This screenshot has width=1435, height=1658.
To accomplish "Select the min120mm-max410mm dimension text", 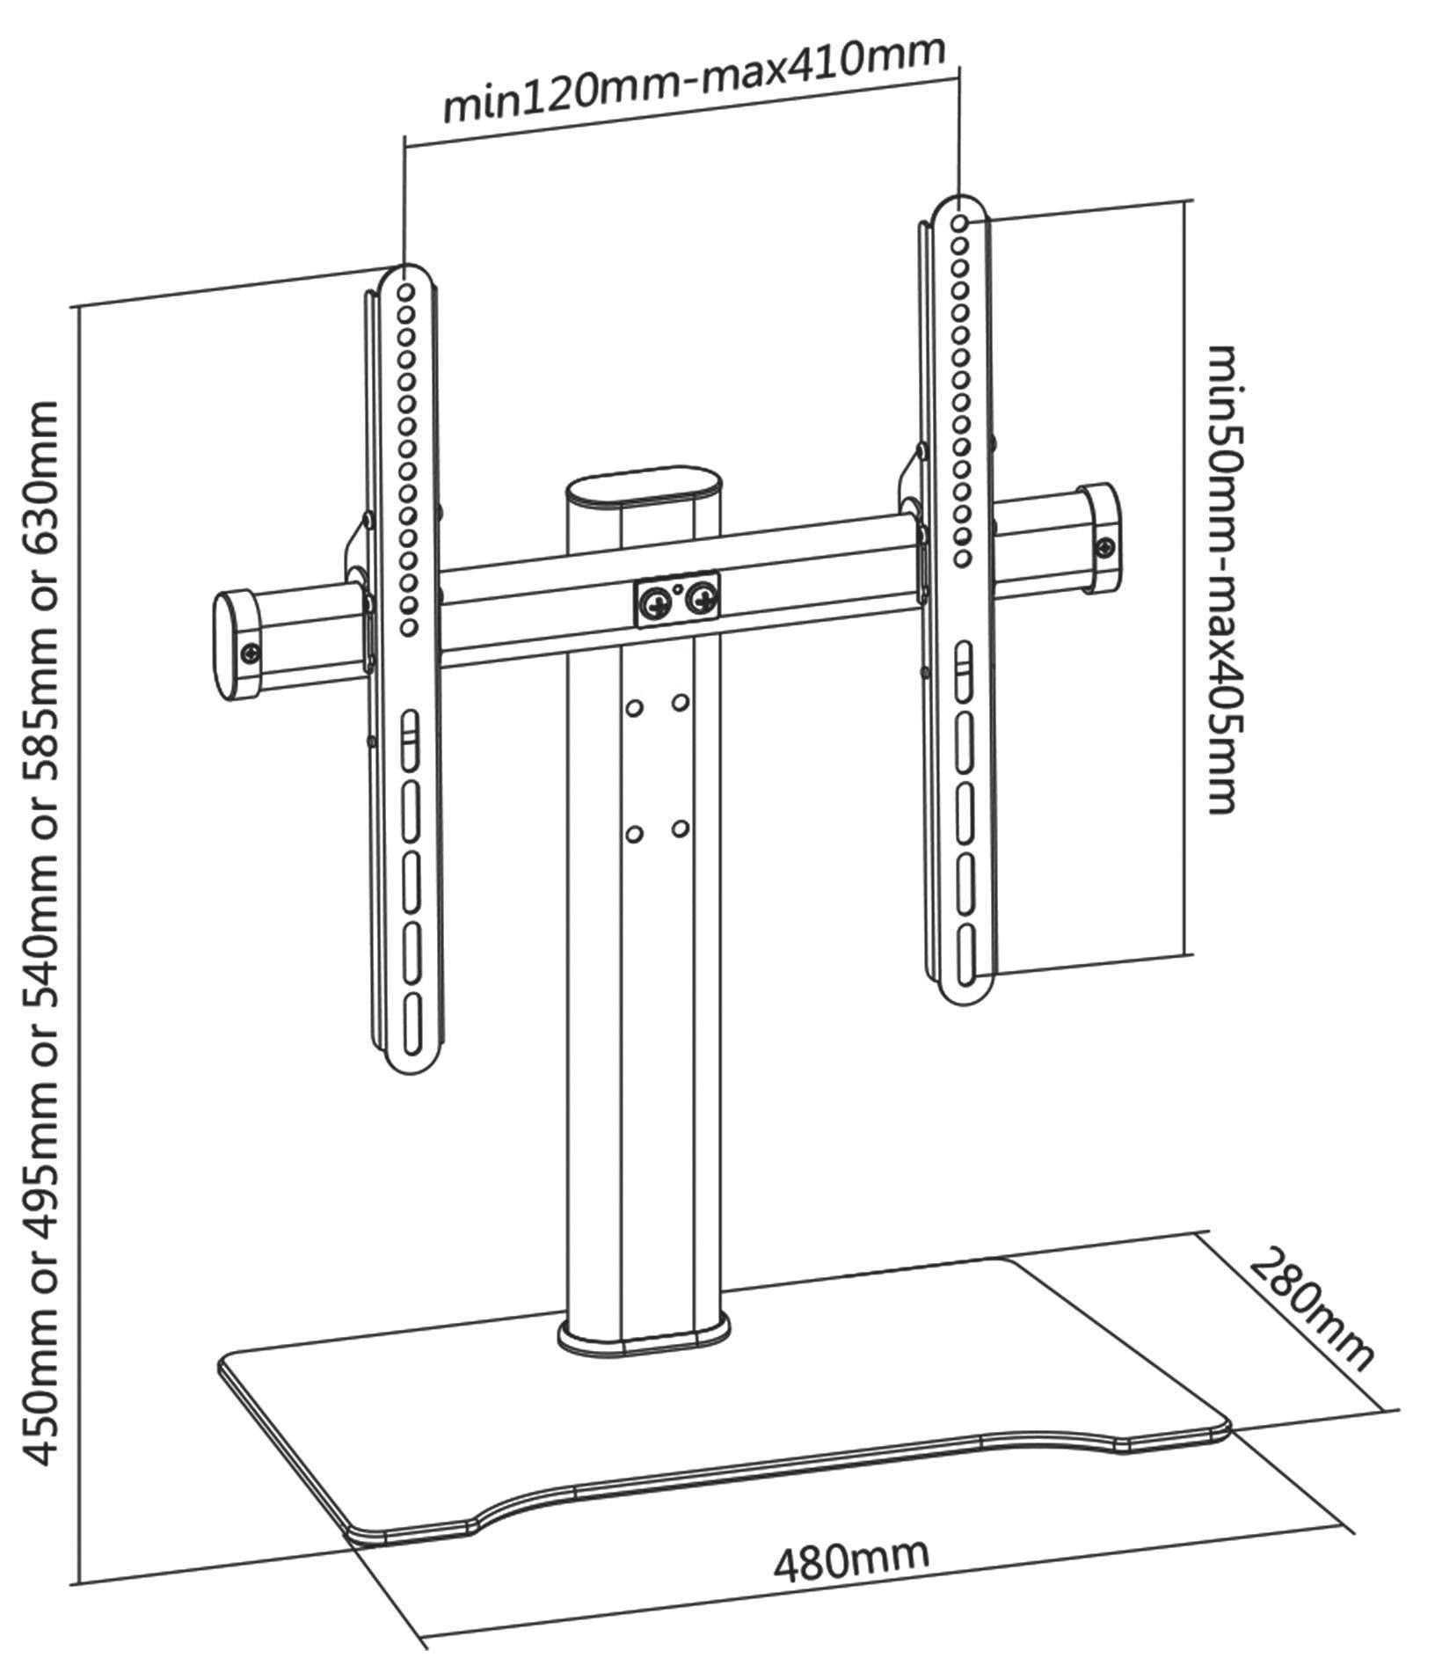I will click(x=695, y=81).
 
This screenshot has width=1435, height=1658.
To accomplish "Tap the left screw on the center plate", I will click(x=655, y=603).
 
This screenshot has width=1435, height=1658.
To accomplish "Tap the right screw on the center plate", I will click(x=702, y=599).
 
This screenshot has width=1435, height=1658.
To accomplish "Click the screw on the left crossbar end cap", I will click(x=252, y=653).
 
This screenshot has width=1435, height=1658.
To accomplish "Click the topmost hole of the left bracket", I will click(x=406, y=290).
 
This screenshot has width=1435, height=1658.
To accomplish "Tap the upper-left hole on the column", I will click(x=634, y=707).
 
